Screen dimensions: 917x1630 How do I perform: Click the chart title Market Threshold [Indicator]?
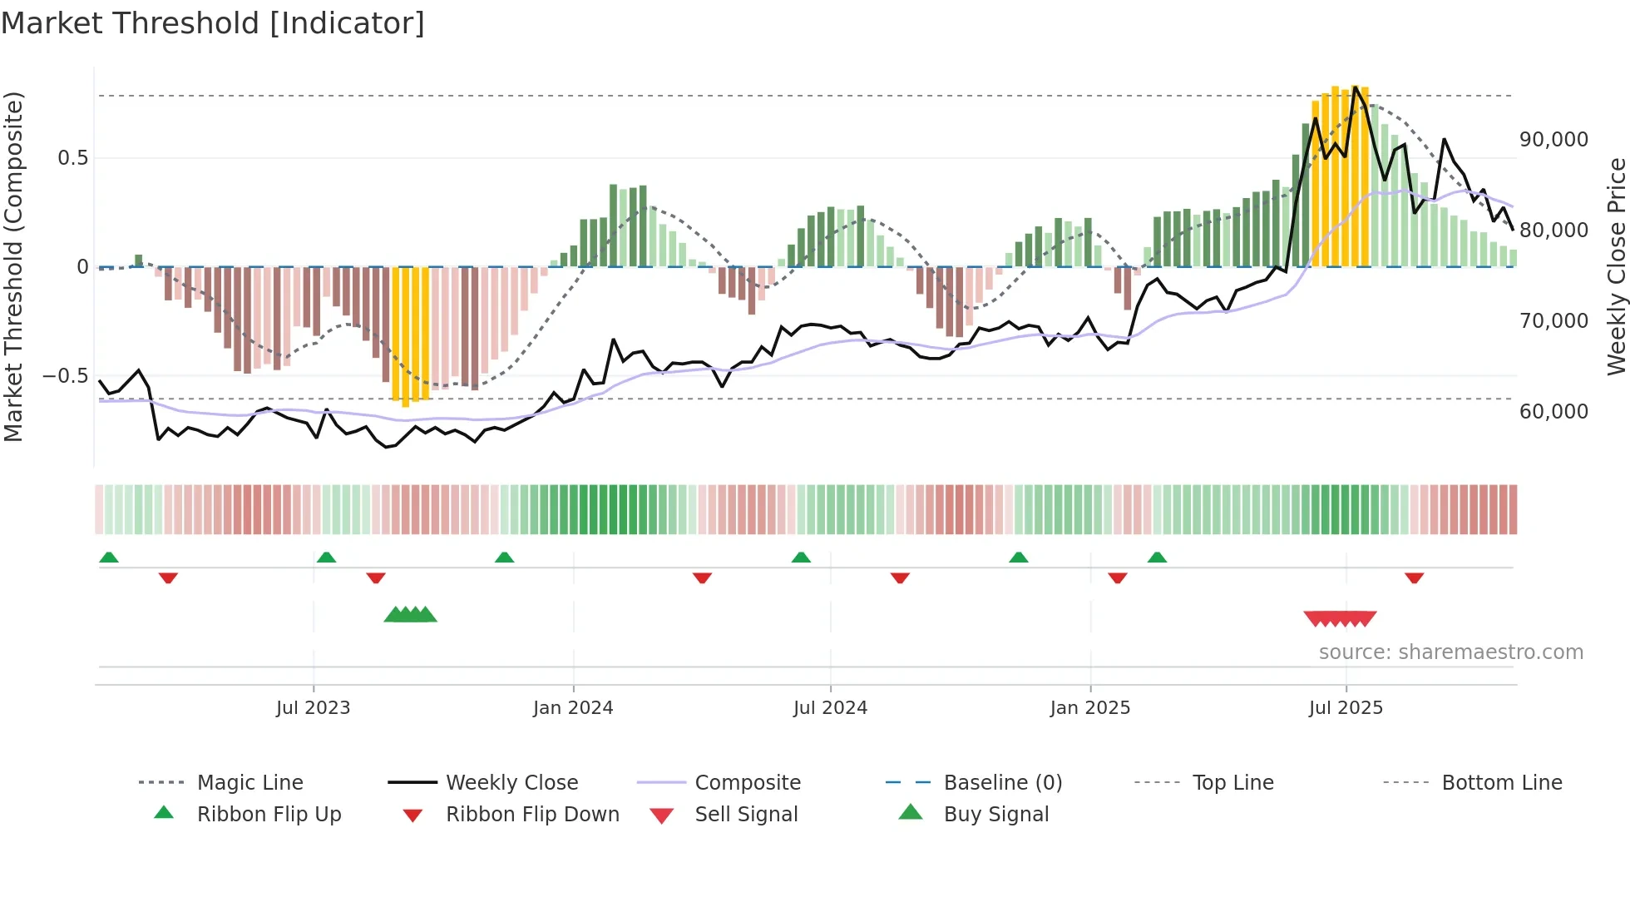[213, 23]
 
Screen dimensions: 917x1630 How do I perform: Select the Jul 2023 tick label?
[313, 708]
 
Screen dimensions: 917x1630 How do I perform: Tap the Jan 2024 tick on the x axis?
[573, 708]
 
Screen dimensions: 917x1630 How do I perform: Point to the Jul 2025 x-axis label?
[1346, 708]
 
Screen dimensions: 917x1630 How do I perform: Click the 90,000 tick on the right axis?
[1553, 140]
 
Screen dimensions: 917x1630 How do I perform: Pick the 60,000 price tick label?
[1553, 412]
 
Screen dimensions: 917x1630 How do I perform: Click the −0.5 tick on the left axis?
[65, 376]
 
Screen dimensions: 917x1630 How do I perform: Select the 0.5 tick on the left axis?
[72, 158]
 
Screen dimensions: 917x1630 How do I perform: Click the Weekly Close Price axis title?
[1616, 266]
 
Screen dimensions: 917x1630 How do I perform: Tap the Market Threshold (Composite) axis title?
[13, 266]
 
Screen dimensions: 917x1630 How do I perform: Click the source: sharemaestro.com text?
[1450, 652]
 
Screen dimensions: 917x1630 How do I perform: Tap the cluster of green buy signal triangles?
[410, 615]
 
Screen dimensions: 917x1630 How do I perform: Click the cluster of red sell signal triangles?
[1340, 619]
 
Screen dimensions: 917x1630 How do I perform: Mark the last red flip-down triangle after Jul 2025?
[1414, 577]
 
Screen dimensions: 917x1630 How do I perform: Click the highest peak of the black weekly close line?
[1356, 87]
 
